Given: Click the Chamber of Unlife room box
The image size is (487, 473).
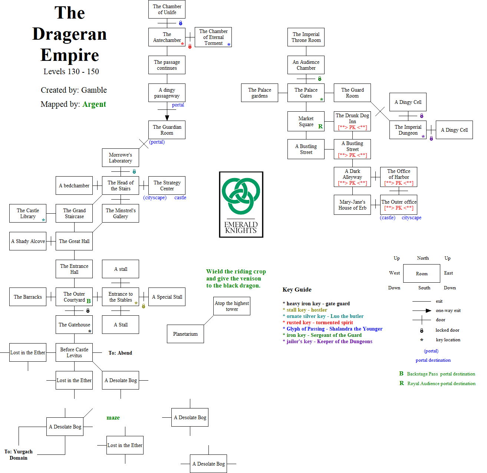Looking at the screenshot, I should click(x=167, y=9).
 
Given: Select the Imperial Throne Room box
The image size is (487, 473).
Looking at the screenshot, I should click(x=306, y=37).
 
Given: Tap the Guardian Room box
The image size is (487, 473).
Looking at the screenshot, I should click(x=167, y=130).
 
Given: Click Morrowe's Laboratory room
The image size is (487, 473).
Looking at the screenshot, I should click(x=121, y=158).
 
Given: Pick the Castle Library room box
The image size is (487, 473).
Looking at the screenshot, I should click(x=28, y=213).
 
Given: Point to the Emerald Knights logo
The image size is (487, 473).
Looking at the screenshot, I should click(x=241, y=204).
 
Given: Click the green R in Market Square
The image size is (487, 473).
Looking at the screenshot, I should click(x=320, y=127).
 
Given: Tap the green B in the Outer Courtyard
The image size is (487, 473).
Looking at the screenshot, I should click(x=89, y=301).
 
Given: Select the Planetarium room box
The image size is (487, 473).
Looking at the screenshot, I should click(x=185, y=334).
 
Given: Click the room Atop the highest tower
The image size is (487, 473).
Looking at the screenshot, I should click(x=232, y=306).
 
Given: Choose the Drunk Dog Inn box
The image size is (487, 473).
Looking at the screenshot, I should click(x=352, y=121).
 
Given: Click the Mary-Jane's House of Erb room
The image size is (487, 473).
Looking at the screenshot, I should click(x=352, y=205).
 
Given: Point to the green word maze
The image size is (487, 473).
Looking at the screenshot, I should click(x=113, y=418).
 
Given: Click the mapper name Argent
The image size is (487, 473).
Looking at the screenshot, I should click(x=94, y=104).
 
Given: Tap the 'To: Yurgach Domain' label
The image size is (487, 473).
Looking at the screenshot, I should click(x=19, y=455).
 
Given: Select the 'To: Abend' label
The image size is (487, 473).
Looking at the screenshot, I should click(x=120, y=353).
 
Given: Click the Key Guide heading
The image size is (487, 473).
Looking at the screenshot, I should click(x=297, y=290).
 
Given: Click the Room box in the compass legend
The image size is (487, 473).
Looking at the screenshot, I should click(x=422, y=273).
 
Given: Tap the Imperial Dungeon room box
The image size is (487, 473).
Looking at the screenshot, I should click(x=408, y=130).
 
